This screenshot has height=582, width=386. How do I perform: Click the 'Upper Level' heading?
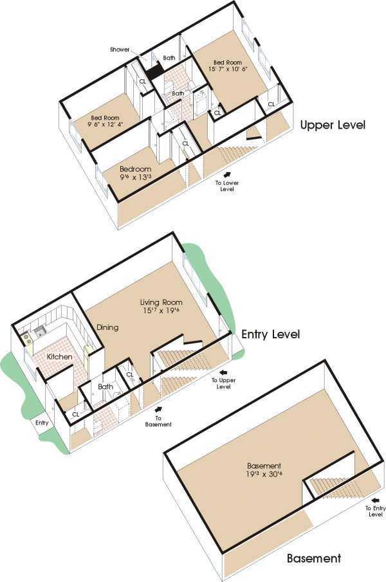pyautogui.click(x=333, y=125)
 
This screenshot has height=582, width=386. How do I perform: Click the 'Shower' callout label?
pyautogui.click(x=120, y=49)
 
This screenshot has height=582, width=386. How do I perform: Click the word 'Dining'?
pyautogui.click(x=107, y=327)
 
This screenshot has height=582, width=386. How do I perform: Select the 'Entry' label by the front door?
pyautogui.click(x=42, y=423)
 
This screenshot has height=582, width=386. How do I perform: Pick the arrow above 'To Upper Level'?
pyautogui.click(x=223, y=372)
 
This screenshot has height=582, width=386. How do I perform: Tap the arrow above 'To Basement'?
pyautogui.click(x=158, y=408)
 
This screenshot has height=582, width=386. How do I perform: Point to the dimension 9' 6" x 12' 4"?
pyautogui.click(x=105, y=125)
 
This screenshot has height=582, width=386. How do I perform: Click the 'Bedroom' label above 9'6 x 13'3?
pyautogui.click(x=135, y=169)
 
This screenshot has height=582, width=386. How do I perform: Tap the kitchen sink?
pyautogui.click(x=39, y=332)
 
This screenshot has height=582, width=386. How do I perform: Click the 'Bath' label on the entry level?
pyautogui.click(x=105, y=388)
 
